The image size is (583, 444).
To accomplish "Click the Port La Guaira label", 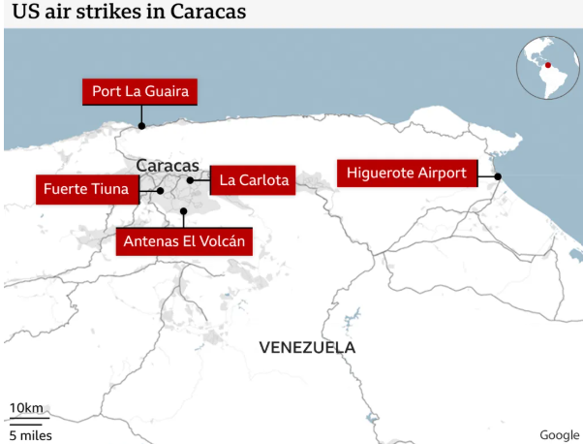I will pos(140,92).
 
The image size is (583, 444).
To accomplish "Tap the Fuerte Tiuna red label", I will pos(85,189).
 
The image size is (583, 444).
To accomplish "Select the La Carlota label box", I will pos(253,180).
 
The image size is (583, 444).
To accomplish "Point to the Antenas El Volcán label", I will pos(184,241).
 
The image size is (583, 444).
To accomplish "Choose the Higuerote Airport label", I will pos(407,174).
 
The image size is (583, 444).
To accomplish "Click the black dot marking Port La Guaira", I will pos(141,125).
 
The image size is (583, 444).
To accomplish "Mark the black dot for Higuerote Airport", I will pos(497,175).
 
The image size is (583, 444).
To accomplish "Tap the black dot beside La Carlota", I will pos(192,180).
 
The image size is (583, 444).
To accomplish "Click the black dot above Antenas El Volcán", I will pos(183,209).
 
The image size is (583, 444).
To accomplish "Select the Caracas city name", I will pos(167,165).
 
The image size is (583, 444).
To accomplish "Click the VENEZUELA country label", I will pos(307,347).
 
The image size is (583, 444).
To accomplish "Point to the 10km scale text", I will pos(26,407).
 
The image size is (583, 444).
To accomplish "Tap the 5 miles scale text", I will pos(30,434).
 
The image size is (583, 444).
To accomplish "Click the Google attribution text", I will pos(559,434).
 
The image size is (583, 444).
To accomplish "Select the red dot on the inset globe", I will pos(546,65).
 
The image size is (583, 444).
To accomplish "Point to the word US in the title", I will pos(22,13).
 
